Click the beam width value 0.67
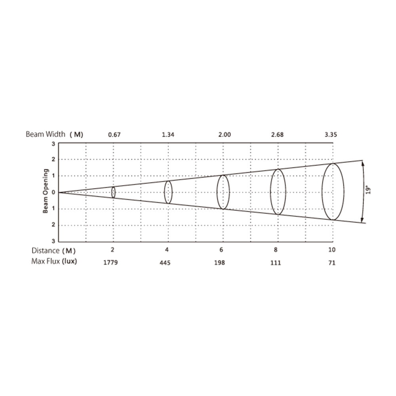coord(114,135)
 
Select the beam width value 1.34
coord(168,135)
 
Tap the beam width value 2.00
coord(225,135)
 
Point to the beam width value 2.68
coord(277,135)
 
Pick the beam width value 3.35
coord(331,135)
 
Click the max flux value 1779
coord(110,263)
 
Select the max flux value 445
coord(165,263)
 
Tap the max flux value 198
coord(219,263)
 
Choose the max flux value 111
coord(276,263)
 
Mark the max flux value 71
coord(332,263)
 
